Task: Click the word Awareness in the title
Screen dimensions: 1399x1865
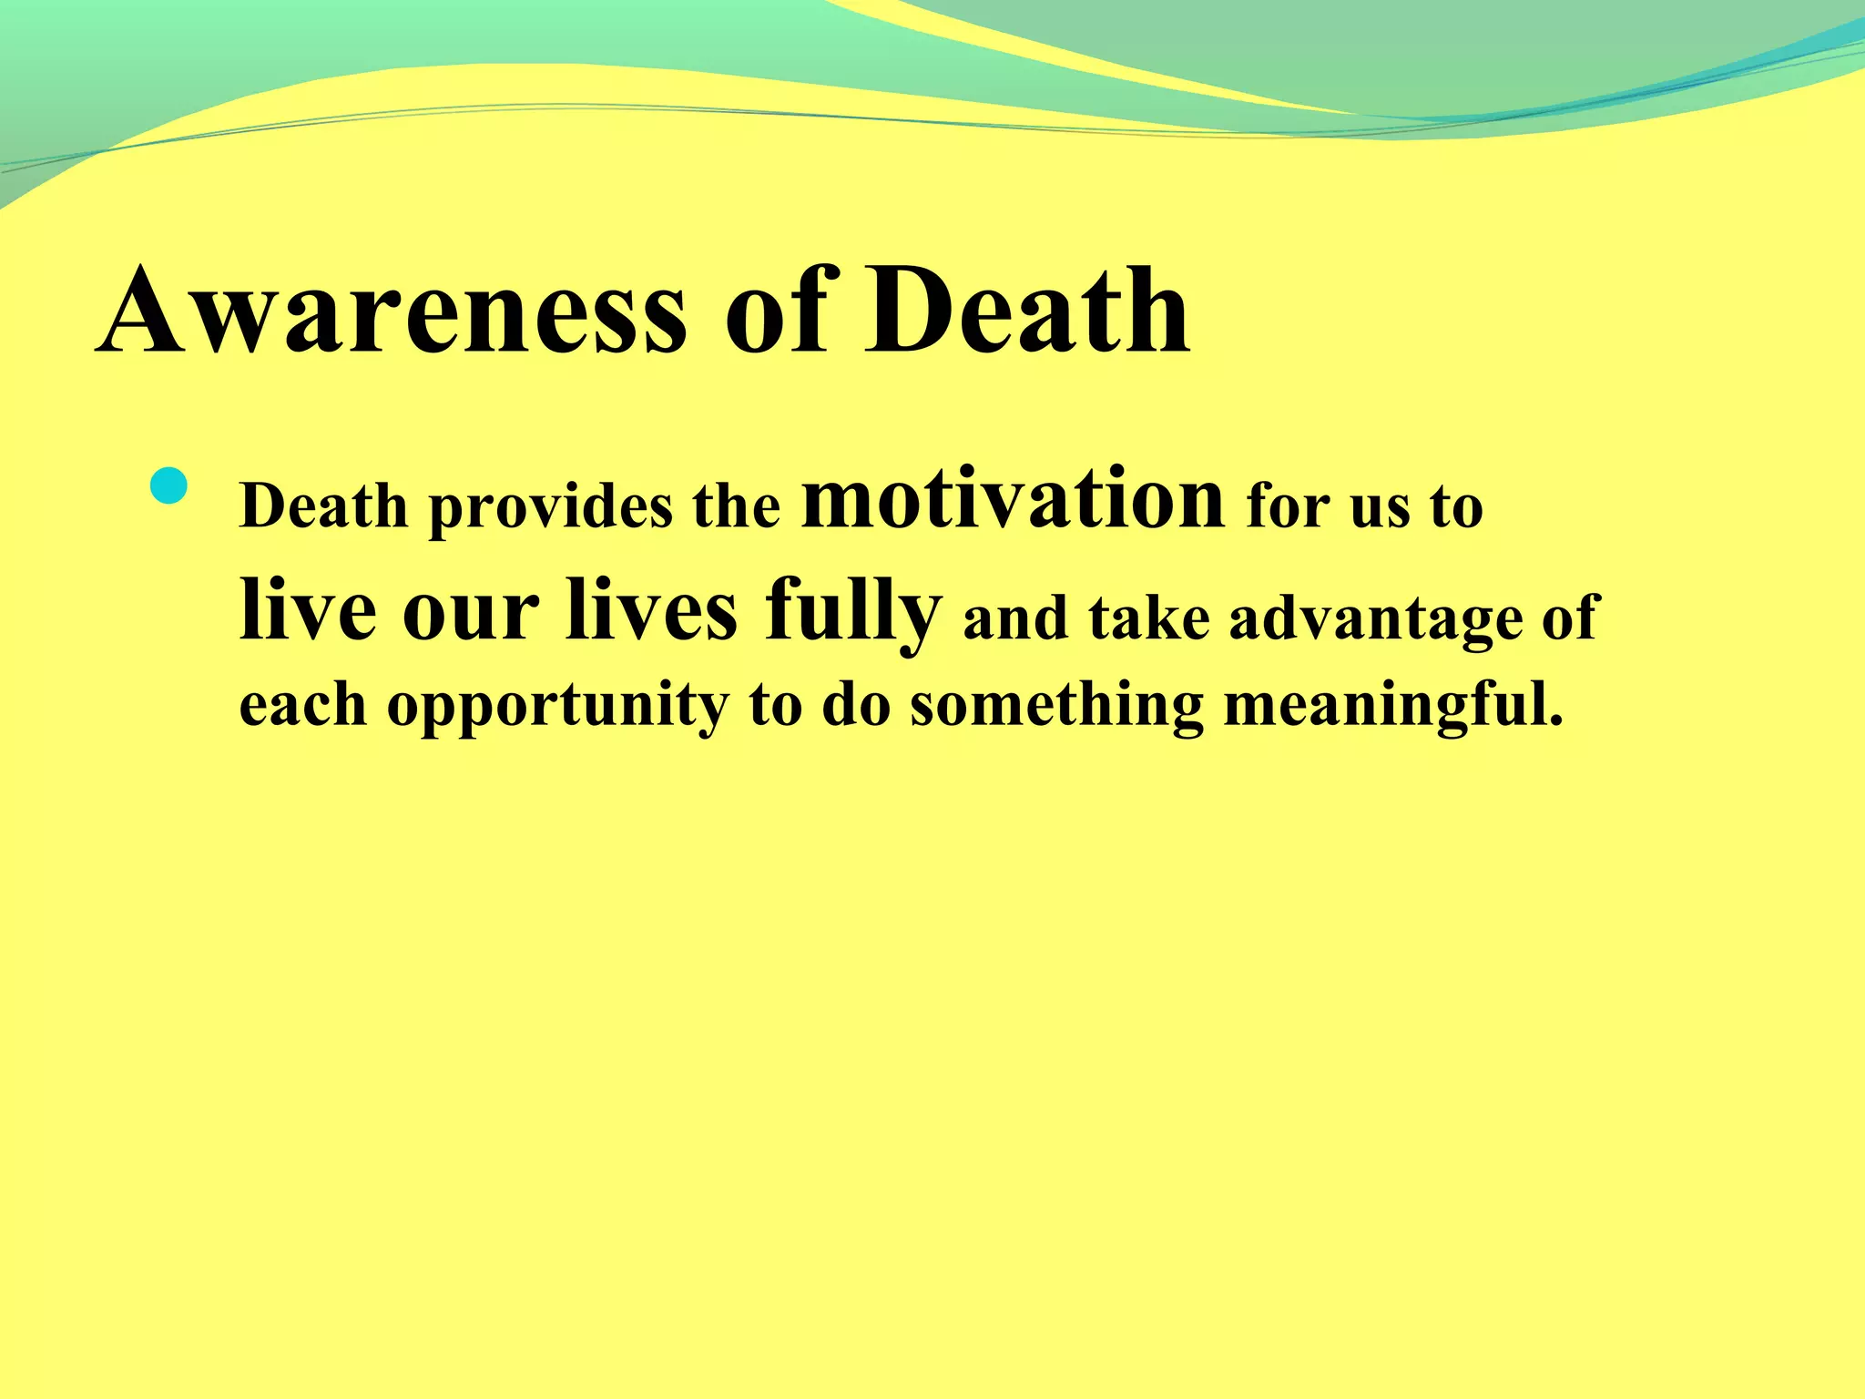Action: (x=392, y=311)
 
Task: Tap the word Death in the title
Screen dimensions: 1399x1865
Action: (x=1026, y=311)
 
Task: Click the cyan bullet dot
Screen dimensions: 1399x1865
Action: (x=168, y=486)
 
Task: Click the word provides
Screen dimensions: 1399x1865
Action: (x=551, y=508)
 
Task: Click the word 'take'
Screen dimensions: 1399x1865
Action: (x=1148, y=618)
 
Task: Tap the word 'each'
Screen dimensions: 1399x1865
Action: (x=302, y=706)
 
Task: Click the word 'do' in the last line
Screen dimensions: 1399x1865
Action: (x=855, y=706)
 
